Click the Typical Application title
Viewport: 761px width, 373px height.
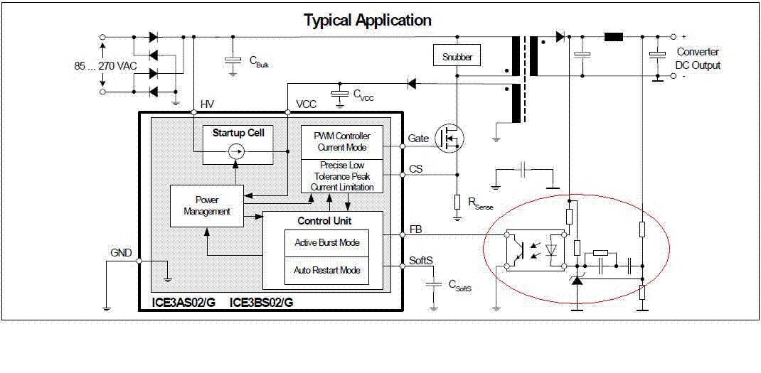pos(367,20)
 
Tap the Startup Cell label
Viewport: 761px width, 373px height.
pos(238,133)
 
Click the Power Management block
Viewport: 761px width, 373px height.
pos(206,206)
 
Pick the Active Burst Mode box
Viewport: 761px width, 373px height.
pos(327,243)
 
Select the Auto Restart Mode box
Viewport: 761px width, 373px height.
pos(327,271)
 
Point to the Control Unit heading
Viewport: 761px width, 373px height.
pos(324,220)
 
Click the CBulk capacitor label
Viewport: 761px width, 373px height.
pos(258,61)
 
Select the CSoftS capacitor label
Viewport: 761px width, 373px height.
pos(459,285)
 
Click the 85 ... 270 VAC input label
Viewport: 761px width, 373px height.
pos(105,65)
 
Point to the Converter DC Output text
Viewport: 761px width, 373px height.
pos(697,58)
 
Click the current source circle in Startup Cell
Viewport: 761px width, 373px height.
pos(238,151)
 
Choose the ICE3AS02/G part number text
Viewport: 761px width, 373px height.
pos(186,302)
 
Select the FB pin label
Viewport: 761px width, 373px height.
pos(416,229)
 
